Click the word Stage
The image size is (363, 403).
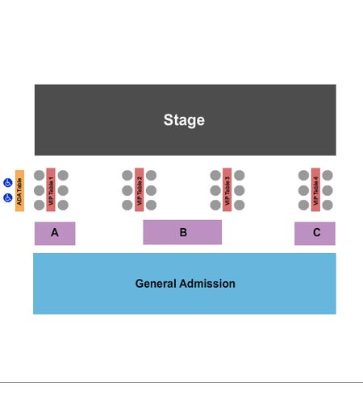coord(184,120)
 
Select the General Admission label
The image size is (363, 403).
coord(186,284)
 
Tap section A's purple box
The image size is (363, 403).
coord(55,234)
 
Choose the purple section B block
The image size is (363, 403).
coord(182,232)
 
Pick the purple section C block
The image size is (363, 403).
coord(315,234)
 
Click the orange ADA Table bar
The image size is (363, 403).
coord(19,191)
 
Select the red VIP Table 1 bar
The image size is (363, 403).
coord(51,189)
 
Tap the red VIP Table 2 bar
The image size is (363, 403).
coord(139,189)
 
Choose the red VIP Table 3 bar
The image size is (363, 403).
coord(227,189)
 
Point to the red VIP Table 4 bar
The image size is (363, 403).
coord(315,189)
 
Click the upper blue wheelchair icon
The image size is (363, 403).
coord(8,183)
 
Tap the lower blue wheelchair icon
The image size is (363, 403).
coord(8,197)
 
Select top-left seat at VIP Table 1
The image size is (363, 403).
coord(40,176)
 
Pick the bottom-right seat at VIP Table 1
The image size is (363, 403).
coord(63,205)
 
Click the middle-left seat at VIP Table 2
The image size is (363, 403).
coord(127,190)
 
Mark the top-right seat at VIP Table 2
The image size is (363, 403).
coord(151,176)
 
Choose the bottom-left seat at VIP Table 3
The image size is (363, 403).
coord(215,205)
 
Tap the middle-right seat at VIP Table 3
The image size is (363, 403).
coord(240,190)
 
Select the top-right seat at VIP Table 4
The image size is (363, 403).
coord(328,176)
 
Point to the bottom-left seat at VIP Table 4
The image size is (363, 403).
coord(303,205)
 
